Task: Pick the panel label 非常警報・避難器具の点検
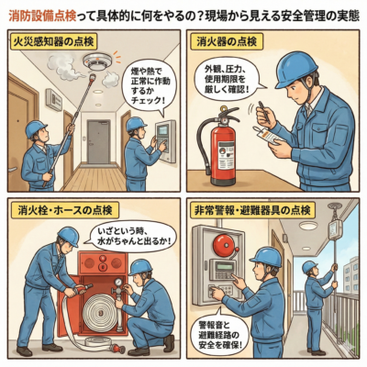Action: [252, 210]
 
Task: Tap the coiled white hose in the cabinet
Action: [101, 314]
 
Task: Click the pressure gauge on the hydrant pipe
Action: [117, 283]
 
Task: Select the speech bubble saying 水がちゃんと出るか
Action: [131, 237]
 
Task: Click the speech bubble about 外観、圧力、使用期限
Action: [226, 79]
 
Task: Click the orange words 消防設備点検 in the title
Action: [42, 17]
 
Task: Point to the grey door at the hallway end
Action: [98, 142]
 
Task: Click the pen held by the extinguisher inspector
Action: [262, 110]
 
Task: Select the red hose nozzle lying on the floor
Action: [117, 349]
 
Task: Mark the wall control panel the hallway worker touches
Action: [166, 140]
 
